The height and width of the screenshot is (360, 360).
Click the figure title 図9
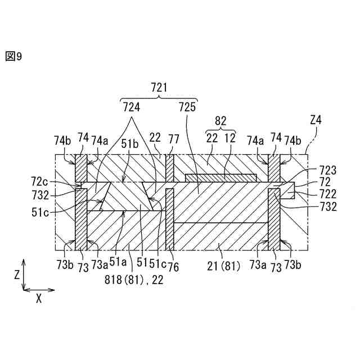[x=13, y=57]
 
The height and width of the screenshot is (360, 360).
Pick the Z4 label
[x=316, y=120]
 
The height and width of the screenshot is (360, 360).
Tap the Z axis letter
[x=17, y=275]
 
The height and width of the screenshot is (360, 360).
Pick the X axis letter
[x=38, y=299]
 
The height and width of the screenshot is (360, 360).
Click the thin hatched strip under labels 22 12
[x=221, y=178]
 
